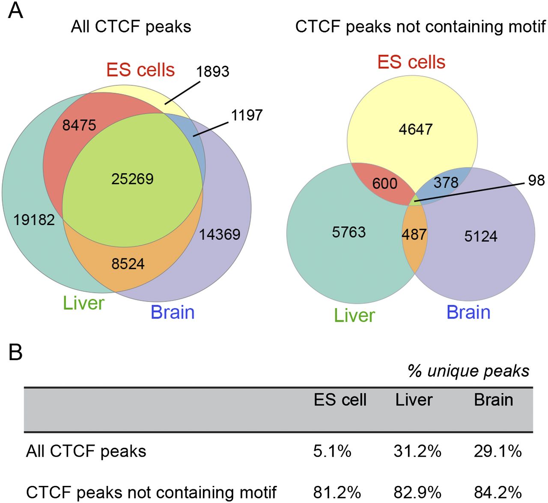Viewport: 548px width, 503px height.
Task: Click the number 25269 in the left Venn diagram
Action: point(132,179)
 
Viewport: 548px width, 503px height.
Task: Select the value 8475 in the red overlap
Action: point(79,125)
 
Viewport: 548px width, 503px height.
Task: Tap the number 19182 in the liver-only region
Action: point(34,220)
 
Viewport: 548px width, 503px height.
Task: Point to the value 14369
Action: point(220,234)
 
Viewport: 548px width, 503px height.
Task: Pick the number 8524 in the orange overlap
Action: point(128,264)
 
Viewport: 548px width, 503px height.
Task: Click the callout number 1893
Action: point(213,71)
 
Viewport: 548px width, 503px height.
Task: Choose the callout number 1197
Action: point(247,115)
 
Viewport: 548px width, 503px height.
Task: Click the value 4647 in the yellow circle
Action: point(416,129)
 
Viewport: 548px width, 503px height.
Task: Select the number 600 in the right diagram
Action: point(385,183)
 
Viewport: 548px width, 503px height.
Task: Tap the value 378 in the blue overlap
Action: point(446,183)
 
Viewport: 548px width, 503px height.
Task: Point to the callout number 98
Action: point(536,180)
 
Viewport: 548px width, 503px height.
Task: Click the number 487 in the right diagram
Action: point(414,234)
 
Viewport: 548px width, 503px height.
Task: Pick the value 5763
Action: point(349,232)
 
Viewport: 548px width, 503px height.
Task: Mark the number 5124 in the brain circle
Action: point(481,236)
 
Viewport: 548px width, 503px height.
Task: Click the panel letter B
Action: point(16,353)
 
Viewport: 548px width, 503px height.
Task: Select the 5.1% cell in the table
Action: point(332,451)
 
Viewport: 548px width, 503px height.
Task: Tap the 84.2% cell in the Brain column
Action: point(498,492)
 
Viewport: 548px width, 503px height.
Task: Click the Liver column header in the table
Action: point(414,400)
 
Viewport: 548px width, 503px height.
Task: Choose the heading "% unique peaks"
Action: point(469,371)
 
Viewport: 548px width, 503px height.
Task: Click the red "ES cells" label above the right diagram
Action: point(411,62)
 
